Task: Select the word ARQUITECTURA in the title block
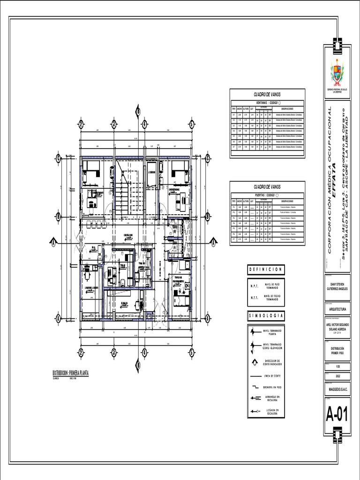point(337,309)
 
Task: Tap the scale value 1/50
point(337,365)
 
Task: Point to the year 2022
point(337,376)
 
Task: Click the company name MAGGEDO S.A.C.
point(337,389)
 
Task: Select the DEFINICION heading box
point(265,270)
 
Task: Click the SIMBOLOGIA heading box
point(265,316)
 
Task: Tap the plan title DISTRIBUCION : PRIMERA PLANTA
point(71,373)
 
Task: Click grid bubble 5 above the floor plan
point(192,124)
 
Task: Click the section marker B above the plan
point(138,111)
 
